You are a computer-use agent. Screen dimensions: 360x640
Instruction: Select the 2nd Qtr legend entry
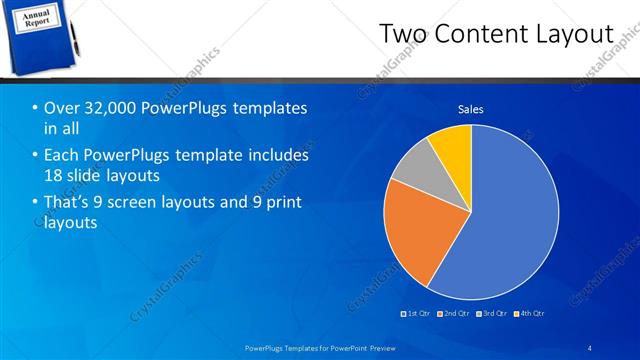point(455,314)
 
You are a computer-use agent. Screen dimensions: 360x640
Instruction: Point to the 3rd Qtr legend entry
point(493,314)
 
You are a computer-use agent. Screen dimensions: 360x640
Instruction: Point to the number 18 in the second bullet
point(55,175)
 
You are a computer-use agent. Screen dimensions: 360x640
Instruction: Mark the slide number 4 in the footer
point(589,347)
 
